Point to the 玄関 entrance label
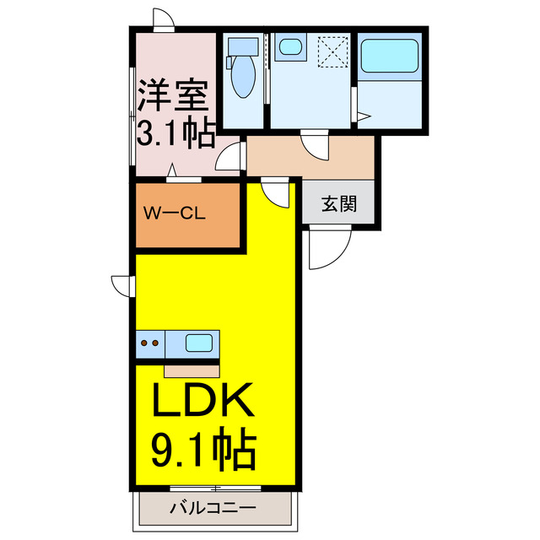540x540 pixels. tap(337, 204)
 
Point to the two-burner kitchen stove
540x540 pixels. tap(150, 343)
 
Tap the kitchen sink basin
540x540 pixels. tap(199, 343)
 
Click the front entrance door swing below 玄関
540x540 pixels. tap(329, 247)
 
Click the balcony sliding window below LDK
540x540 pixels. tap(215, 488)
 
